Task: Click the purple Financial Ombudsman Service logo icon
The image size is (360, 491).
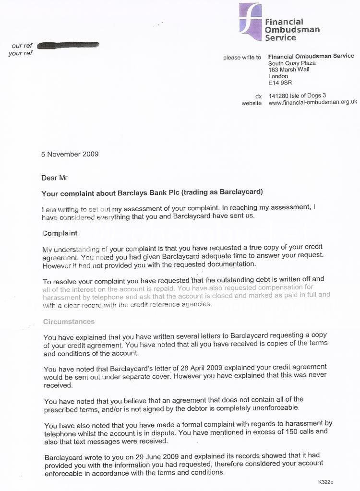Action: (251, 18)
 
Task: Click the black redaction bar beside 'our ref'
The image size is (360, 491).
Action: (68, 45)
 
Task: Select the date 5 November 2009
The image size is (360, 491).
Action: (70, 154)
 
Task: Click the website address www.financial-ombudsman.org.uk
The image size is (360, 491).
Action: (312, 102)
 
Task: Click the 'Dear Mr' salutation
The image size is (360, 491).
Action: (54, 178)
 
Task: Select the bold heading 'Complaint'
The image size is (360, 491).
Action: (60, 233)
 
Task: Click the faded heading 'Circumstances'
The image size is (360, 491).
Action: (69, 321)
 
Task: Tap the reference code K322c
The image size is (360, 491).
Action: (325, 481)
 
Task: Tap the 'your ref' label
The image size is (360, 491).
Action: (21, 53)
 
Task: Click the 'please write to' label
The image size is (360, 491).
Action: (242, 58)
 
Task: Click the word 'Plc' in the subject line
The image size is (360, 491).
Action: (156, 193)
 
